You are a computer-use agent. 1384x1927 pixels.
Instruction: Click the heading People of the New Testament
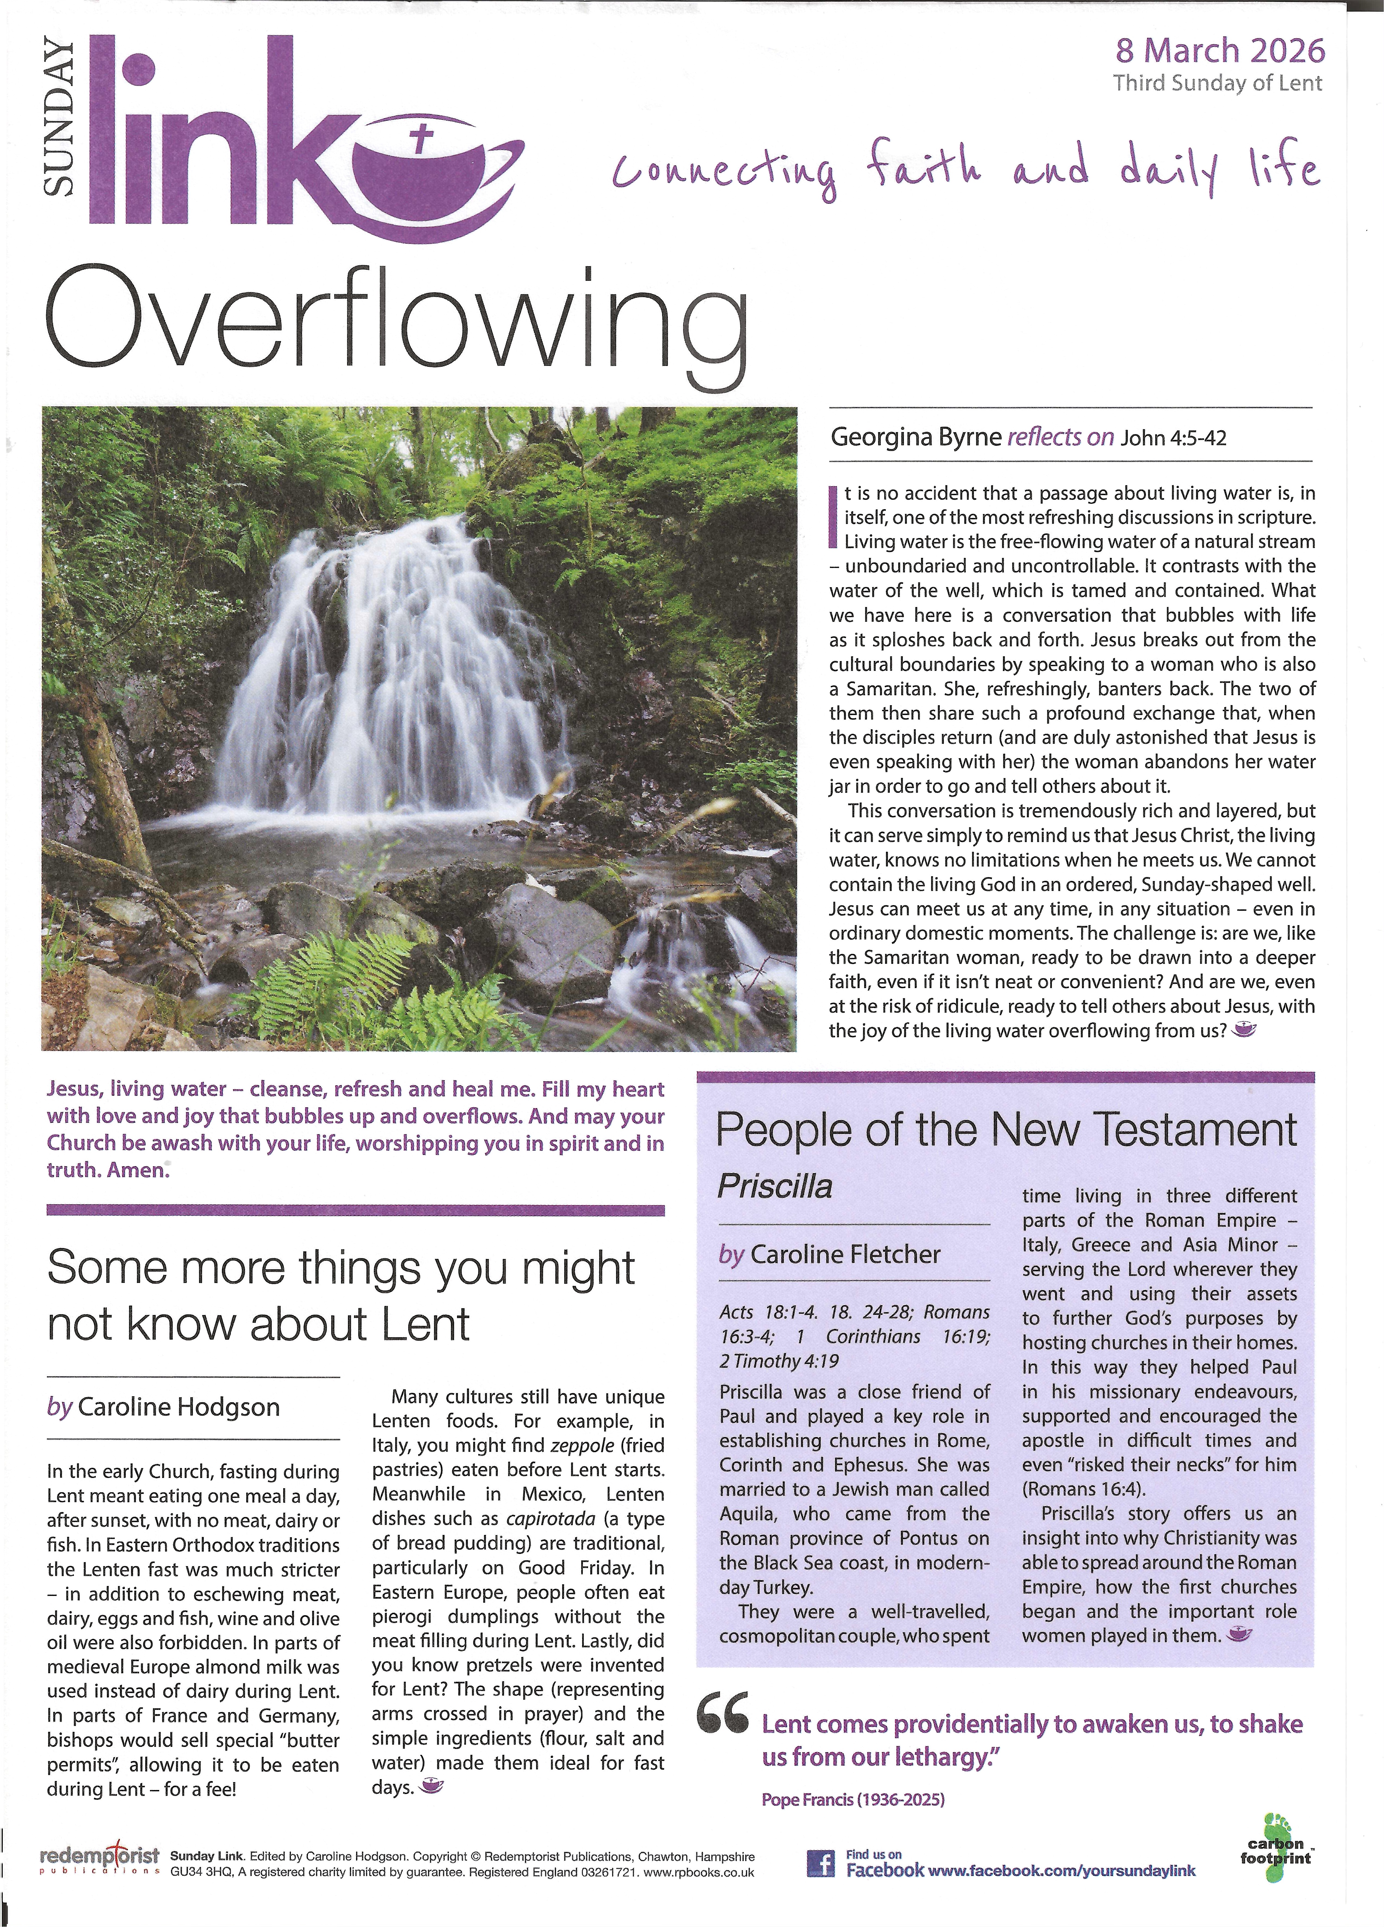(1006, 1130)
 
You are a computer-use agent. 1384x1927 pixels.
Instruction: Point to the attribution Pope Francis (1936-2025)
(853, 1799)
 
